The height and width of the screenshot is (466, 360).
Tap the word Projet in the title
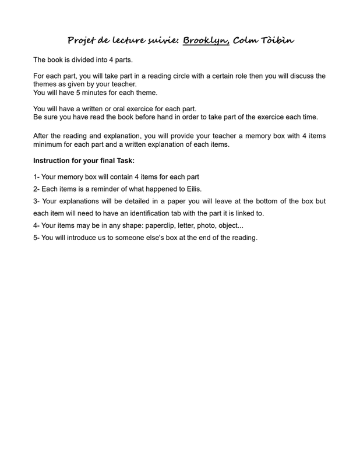81,41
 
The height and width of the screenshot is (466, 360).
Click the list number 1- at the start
36,176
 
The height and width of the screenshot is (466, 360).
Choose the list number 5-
36,238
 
